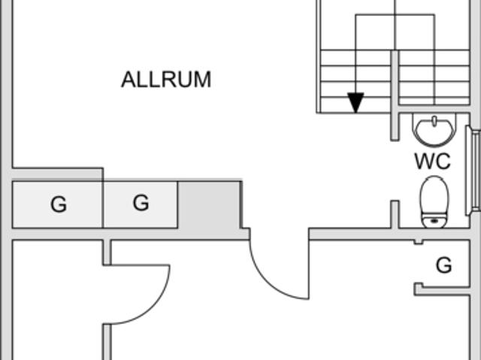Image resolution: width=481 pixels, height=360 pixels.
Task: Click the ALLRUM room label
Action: [166, 79]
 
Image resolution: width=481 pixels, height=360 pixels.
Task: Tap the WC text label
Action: [432, 161]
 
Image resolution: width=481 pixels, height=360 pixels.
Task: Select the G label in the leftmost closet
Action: [58, 204]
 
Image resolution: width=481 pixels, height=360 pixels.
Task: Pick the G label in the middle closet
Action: [141, 202]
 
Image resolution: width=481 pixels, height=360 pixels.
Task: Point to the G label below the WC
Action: [444, 265]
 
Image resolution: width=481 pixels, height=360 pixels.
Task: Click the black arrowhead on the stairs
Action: [355, 102]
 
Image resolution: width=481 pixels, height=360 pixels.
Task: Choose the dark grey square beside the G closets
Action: [210, 204]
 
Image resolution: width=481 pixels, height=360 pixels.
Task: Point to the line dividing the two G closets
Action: [103, 204]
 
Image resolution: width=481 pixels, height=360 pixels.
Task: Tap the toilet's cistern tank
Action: [434, 221]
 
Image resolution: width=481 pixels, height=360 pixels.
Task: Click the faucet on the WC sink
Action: [434, 121]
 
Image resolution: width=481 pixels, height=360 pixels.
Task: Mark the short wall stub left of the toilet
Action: [394, 214]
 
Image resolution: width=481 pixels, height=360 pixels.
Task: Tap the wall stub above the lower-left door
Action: [107, 252]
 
